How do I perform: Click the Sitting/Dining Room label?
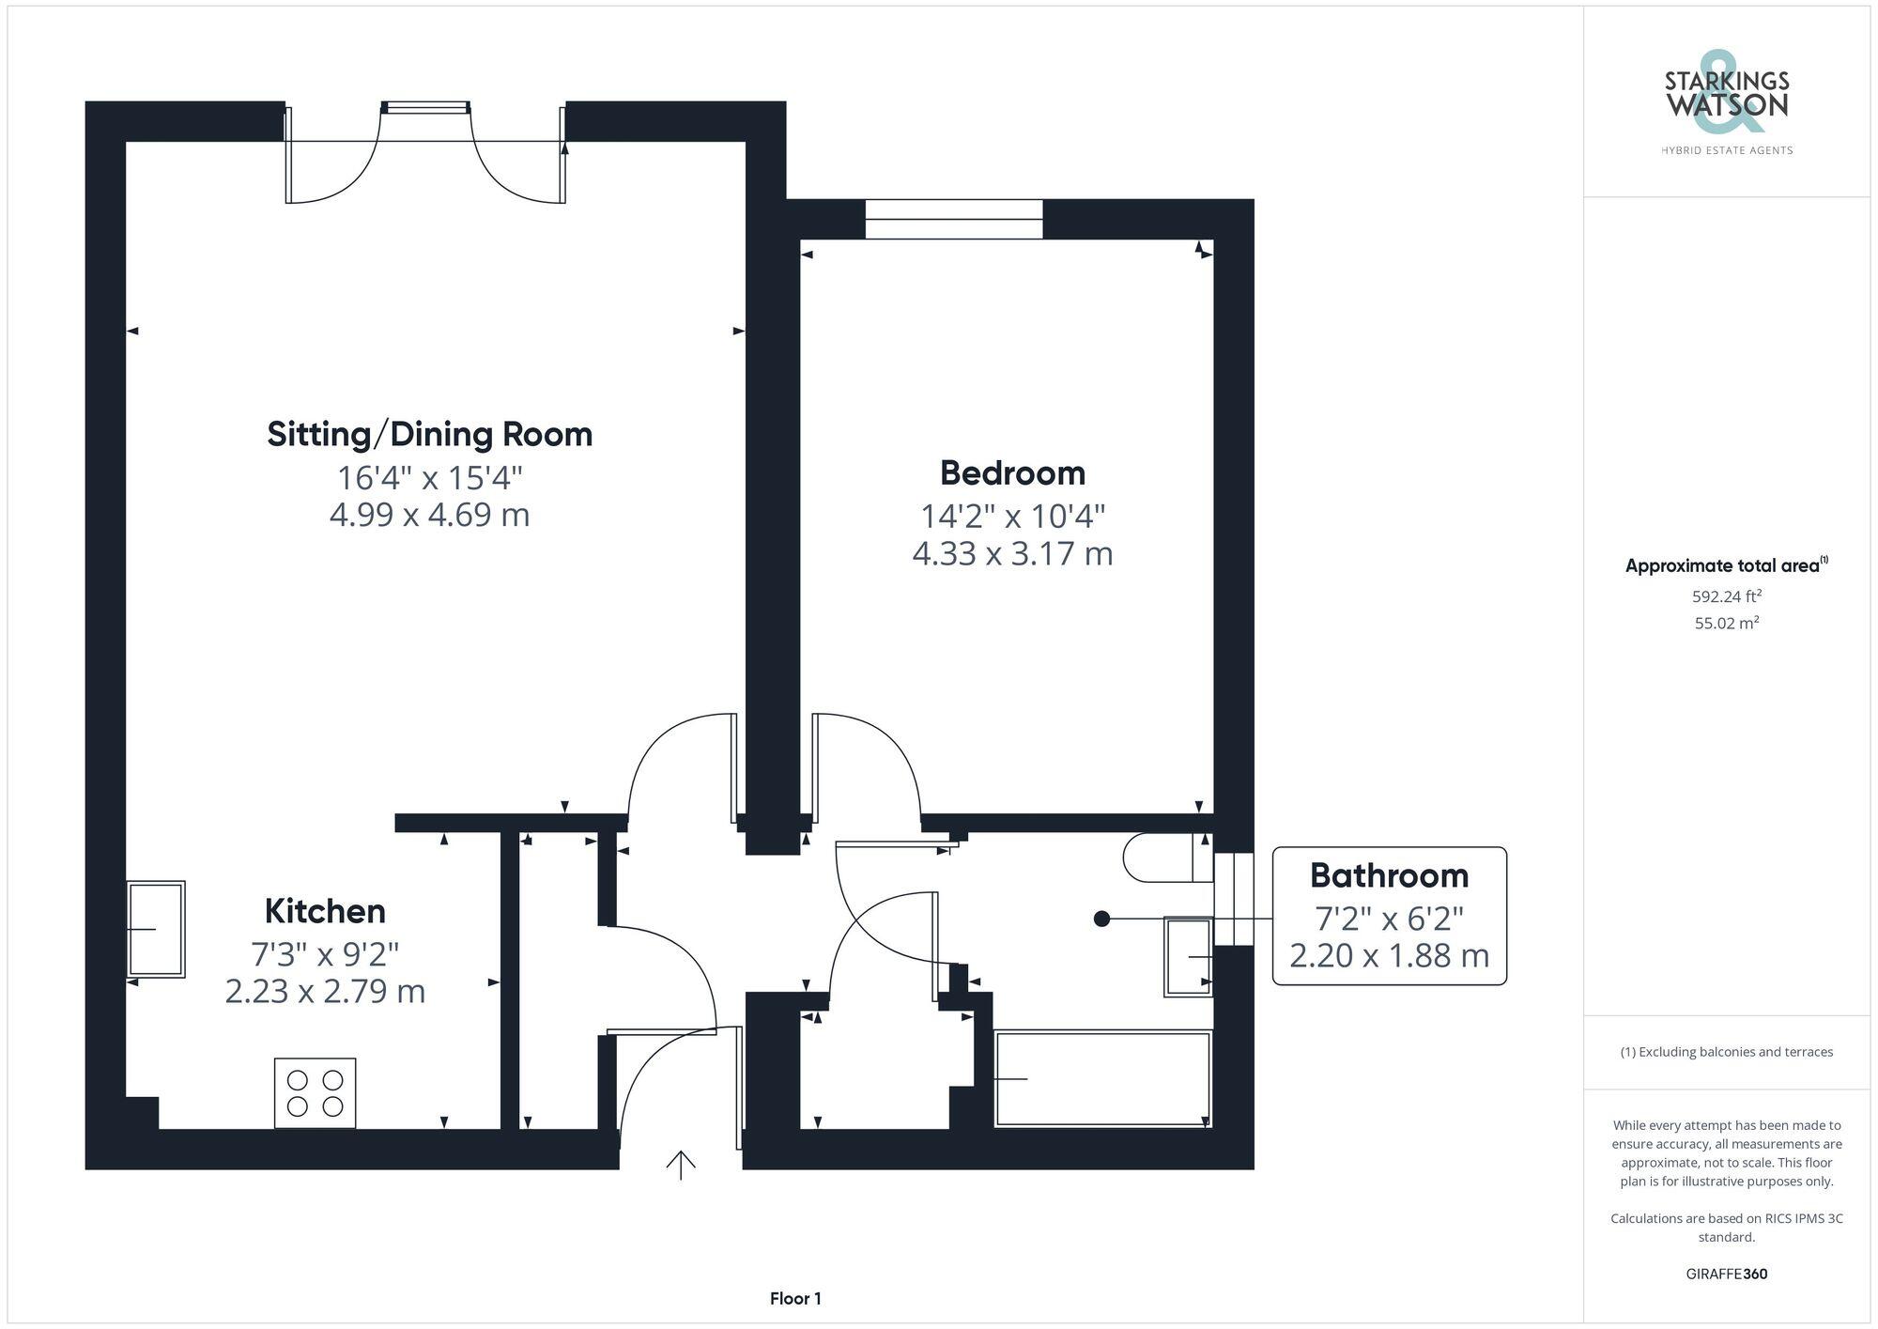(x=430, y=434)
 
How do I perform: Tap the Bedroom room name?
(x=1012, y=472)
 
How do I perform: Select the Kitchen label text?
(x=325, y=911)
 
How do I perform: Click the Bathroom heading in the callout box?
(x=1389, y=875)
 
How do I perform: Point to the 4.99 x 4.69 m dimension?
(x=430, y=515)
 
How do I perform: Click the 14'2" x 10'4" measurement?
(x=1012, y=516)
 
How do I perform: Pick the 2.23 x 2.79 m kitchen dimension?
(x=325, y=991)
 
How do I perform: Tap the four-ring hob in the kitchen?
(x=315, y=1092)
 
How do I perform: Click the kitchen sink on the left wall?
(x=156, y=929)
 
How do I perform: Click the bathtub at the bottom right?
(x=1102, y=1079)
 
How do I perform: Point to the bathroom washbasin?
(x=1189, y=956)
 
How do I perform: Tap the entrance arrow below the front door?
(x=680, y=1165)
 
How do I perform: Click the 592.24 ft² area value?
(x=1726, y=596)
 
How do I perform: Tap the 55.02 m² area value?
(x=1726, y=623)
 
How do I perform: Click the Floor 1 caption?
(x=795, y=1299)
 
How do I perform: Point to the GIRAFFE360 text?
(x=1726, y=1274)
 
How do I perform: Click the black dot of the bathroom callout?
(x=1102, y=919)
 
